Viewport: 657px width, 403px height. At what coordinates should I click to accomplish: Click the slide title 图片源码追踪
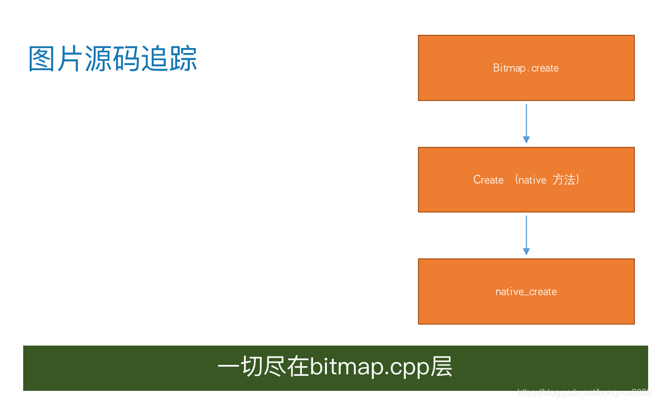pos(113,59)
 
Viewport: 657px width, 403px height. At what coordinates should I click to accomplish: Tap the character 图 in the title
pos(42,59)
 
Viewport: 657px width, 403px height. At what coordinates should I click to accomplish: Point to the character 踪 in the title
pos(183,59)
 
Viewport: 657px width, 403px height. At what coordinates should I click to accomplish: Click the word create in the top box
pos(545,68)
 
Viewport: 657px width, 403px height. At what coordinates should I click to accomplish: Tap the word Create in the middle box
pos(489,180)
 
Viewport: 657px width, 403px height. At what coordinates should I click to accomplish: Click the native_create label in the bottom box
pos(526,292)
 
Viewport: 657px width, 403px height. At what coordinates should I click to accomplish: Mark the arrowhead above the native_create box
pos(526,252)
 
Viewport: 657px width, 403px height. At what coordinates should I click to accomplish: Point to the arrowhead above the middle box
pos(526,140)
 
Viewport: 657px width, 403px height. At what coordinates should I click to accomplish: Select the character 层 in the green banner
pos(442,368)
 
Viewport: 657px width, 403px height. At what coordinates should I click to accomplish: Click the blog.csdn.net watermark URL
pos(584,393)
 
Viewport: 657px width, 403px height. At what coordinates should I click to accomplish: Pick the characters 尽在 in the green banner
pos(287,368)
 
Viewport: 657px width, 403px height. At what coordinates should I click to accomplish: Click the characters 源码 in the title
pos(113,59)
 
